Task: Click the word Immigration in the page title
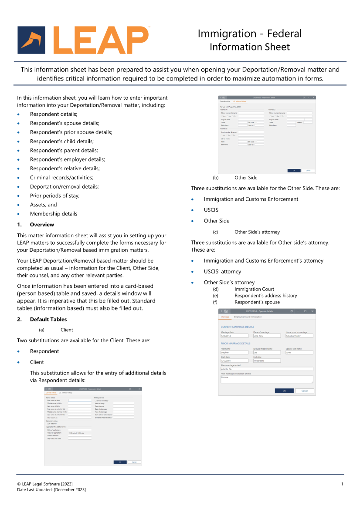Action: click(x=227, y=34)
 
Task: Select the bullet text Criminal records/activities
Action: click(x=61, y=178)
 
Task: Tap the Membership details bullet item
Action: click(x=54, y=214)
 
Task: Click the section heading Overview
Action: click(x=42, y=225)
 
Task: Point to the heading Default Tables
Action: click(x=48, y=319)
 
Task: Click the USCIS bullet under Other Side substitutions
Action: click(x=211, y=210)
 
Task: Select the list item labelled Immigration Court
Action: click(x=254, y=289)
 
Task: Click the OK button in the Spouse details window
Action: click(x=284, y=391)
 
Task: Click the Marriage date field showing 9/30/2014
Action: click(x=234, y=336)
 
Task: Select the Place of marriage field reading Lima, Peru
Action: click(x=267, y=336)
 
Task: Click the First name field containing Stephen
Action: click(x=234, y=353)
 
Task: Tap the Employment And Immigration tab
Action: click(x=254, y=317)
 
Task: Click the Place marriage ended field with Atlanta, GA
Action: click(x=267, y=369)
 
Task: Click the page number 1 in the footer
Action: click(x=342, y=484)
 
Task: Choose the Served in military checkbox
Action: click(x=95, y=401)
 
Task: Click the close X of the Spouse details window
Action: click(x=312, y=311)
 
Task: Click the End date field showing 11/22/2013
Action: click(x=267, y=361)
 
